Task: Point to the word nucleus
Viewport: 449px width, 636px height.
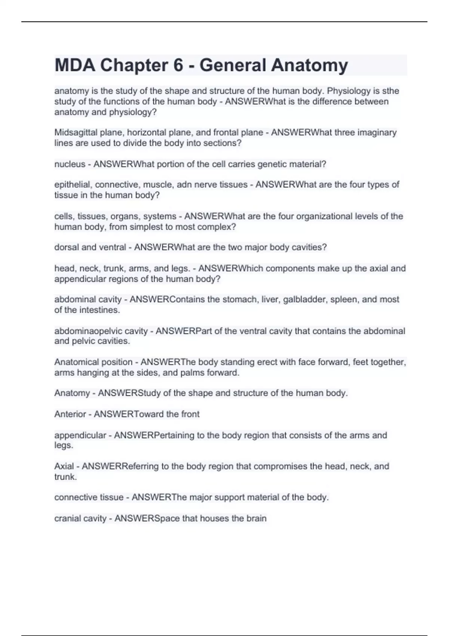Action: click(x=70, y=164)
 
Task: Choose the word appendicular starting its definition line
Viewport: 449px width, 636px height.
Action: click(x=80, y=435)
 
